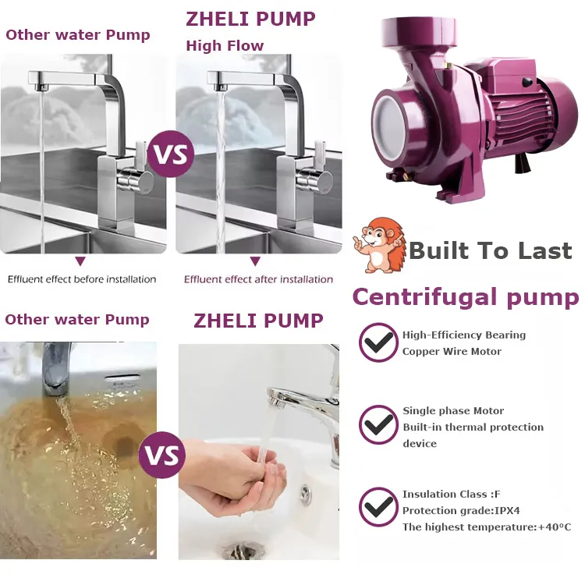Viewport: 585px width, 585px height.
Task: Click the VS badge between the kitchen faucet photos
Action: coord(171,154)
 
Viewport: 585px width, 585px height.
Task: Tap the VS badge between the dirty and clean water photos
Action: coord(162,455)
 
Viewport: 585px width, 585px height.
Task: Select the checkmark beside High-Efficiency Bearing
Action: coord(378,342)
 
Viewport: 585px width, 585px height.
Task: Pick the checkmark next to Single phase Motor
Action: coord(378,424)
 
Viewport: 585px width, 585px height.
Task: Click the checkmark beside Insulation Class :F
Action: coord(378,507)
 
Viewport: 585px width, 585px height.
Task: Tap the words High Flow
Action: coord(225,46)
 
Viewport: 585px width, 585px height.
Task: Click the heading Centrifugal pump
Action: coord(466,297)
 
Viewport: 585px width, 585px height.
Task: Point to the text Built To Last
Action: coord(491,250)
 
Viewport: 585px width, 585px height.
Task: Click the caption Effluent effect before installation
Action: coord(82,279)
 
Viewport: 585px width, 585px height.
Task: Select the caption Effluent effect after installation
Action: coord(258,279)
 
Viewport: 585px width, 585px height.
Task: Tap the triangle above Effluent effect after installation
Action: coord(255,261)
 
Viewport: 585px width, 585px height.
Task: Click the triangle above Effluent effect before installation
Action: coord(80,261)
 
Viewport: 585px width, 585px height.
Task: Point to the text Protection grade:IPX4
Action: coord(461,510)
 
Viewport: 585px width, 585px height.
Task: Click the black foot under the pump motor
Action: coord(523,163)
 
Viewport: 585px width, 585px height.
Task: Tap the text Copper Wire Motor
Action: coord(452,352)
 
